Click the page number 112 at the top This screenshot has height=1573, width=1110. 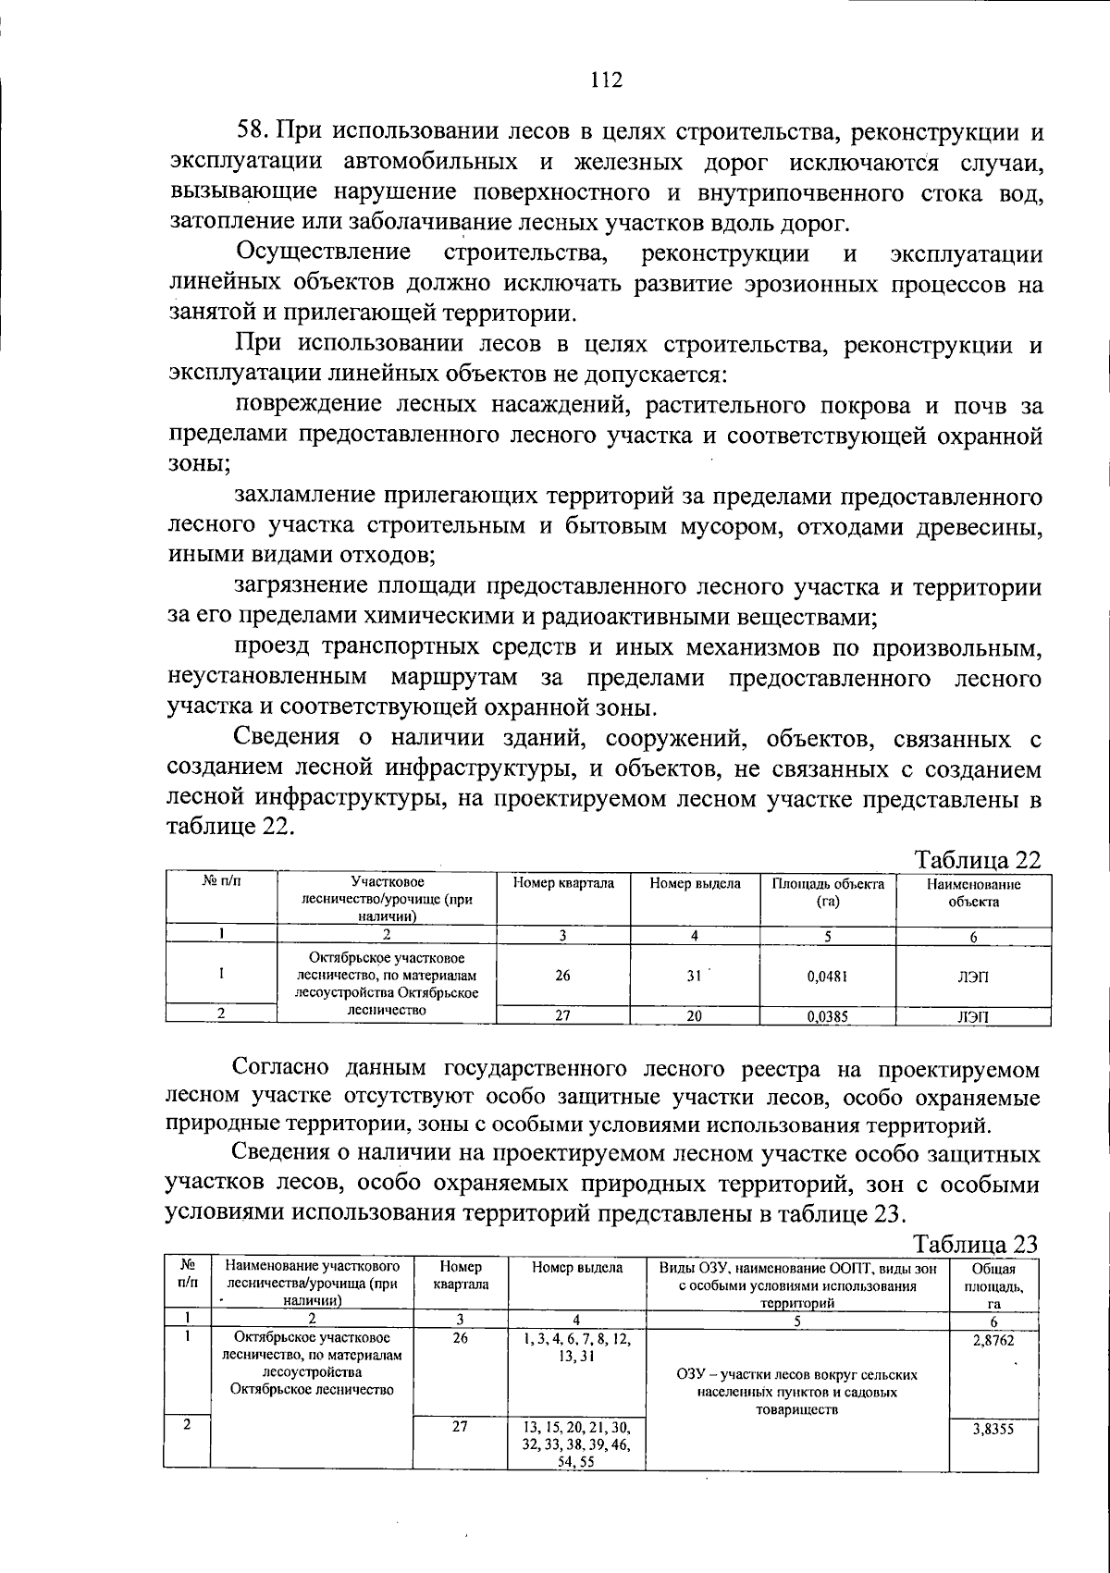607,80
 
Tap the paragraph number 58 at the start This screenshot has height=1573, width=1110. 252,132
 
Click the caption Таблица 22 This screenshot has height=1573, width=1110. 977,859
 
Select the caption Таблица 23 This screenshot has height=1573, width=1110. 977,1244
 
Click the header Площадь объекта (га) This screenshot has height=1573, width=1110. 828,892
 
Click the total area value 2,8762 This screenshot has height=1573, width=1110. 993,1338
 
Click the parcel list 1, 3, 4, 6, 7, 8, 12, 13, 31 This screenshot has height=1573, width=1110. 576,1347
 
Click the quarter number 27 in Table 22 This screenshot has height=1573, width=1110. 562,1015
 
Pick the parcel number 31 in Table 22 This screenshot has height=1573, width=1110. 694,975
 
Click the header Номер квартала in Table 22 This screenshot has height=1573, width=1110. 562,884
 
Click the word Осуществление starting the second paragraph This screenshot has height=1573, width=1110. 324,253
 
